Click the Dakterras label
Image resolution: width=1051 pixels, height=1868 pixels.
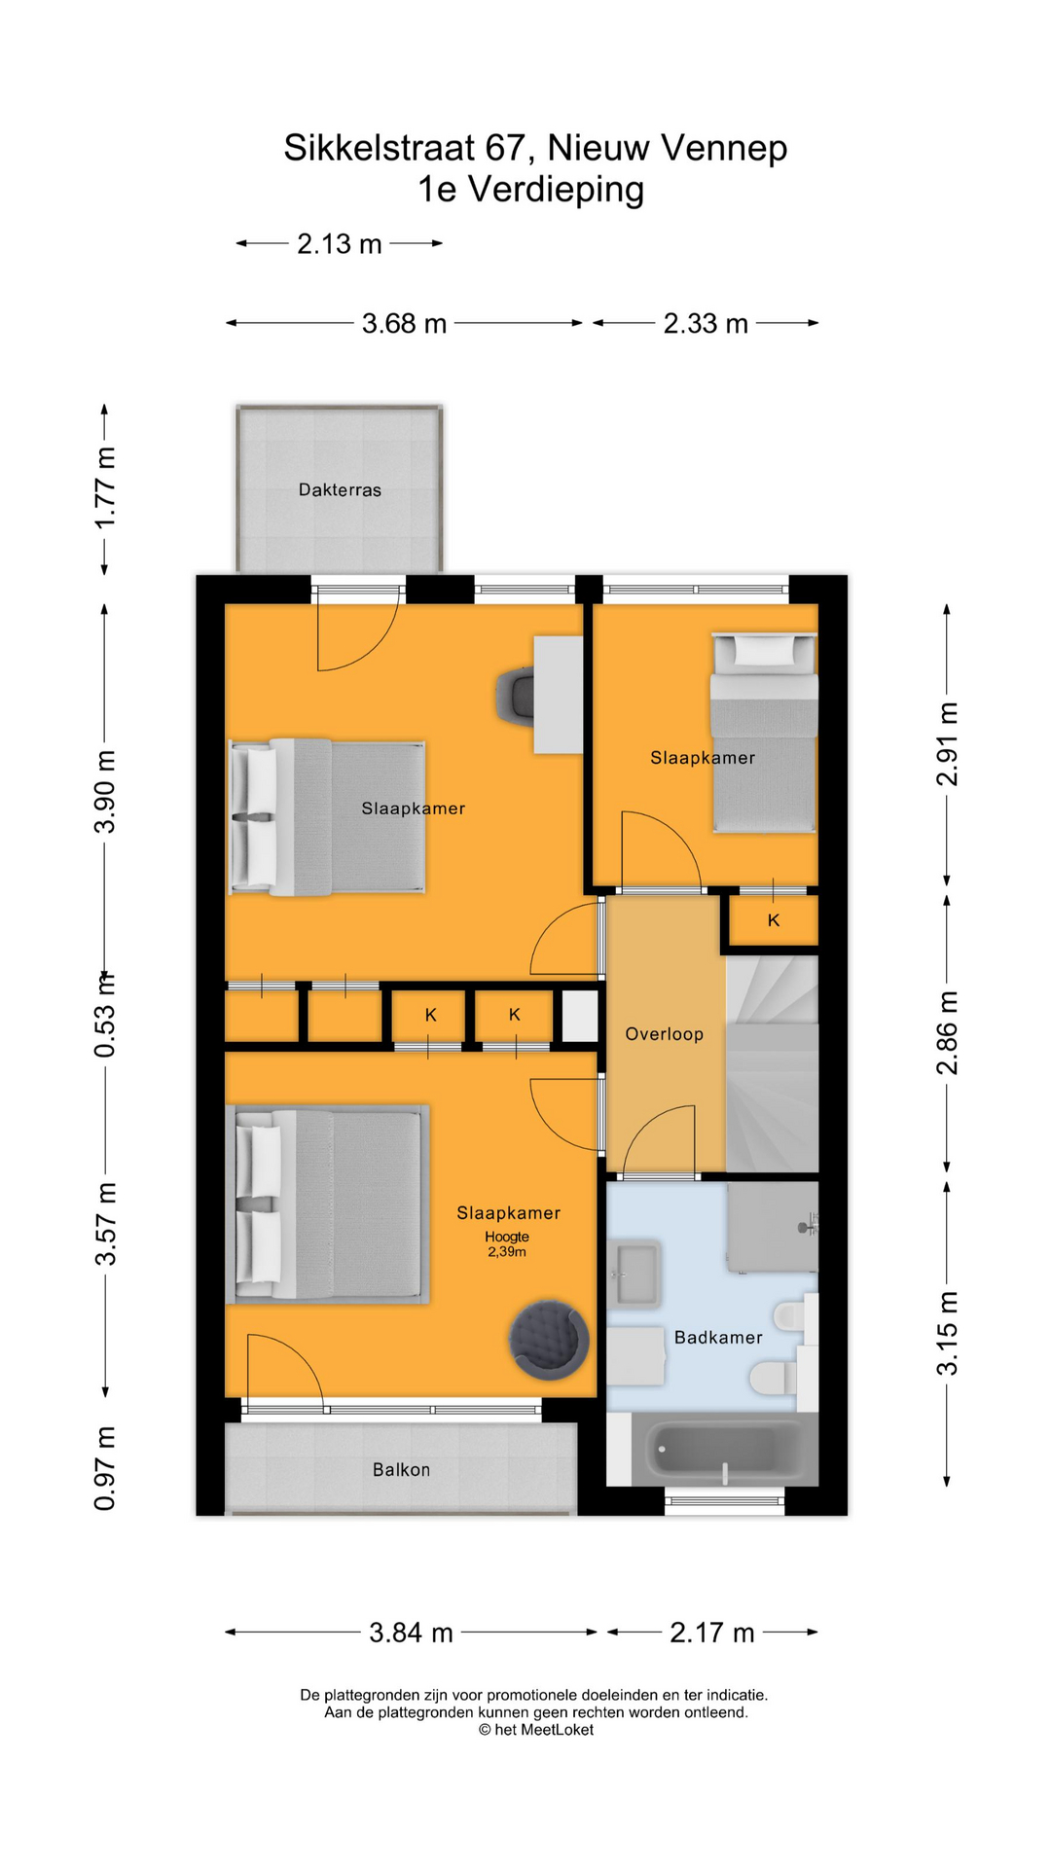(x=340, y=490)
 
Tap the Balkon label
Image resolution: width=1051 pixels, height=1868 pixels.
(x=401, y=1470)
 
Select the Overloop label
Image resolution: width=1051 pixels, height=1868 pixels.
(x=664, y=1034)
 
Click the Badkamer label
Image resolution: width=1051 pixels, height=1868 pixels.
(x=718, y=1338)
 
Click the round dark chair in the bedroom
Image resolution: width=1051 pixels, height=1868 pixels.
(x=549, y=1340)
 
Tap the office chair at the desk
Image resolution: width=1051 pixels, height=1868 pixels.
(x=516, y=695)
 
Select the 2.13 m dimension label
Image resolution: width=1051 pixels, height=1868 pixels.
(x=339, y=244)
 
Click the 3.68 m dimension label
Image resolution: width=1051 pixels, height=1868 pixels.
(x=404, y=324)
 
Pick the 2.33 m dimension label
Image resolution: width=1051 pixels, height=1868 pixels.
(x=706, y=324)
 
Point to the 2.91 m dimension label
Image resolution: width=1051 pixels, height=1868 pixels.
(x=947, y=744)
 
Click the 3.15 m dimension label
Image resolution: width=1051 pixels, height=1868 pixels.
(x=947, y=1333)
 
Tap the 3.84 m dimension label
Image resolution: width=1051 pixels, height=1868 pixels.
(x=411, y=1633)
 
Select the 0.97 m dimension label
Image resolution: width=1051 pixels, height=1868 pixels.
(x=105, y=1468)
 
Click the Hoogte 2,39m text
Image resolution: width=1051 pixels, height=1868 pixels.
(x=507, y=1244)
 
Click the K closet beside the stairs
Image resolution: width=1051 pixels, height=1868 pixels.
(x=774, y=920)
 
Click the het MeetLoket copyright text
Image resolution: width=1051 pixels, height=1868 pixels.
(x=536, y=1730)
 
